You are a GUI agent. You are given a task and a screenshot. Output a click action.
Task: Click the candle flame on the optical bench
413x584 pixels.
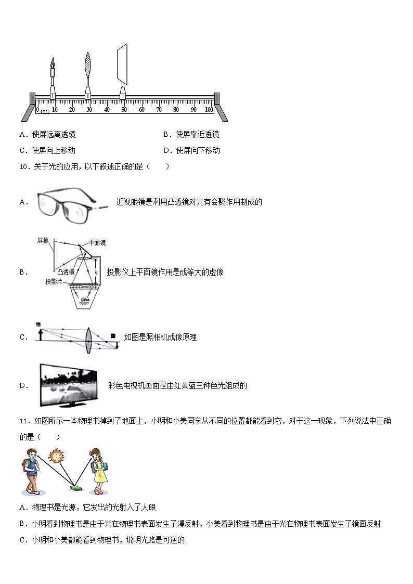[53, 63]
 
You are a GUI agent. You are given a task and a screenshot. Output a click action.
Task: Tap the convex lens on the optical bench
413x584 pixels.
[88, 66]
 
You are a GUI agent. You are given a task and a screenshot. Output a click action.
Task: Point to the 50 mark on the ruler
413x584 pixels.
[124, 110]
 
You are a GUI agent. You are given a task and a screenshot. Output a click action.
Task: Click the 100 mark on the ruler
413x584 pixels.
[209, 110]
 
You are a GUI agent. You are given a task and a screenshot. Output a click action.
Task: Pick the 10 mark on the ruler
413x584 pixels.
[55, 110]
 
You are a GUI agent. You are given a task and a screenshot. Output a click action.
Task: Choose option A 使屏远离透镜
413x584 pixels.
[47, 135]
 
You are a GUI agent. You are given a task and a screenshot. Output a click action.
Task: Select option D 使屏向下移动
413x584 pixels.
[191, 151]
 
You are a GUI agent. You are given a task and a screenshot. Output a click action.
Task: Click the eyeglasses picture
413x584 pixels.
[73, 203]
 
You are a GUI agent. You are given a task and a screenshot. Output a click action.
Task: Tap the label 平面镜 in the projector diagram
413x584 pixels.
[97, 243]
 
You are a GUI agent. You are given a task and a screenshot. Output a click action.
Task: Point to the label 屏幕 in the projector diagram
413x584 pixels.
[43, 240]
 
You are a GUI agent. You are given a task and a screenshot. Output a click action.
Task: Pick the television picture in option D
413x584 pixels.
[68, 385]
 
